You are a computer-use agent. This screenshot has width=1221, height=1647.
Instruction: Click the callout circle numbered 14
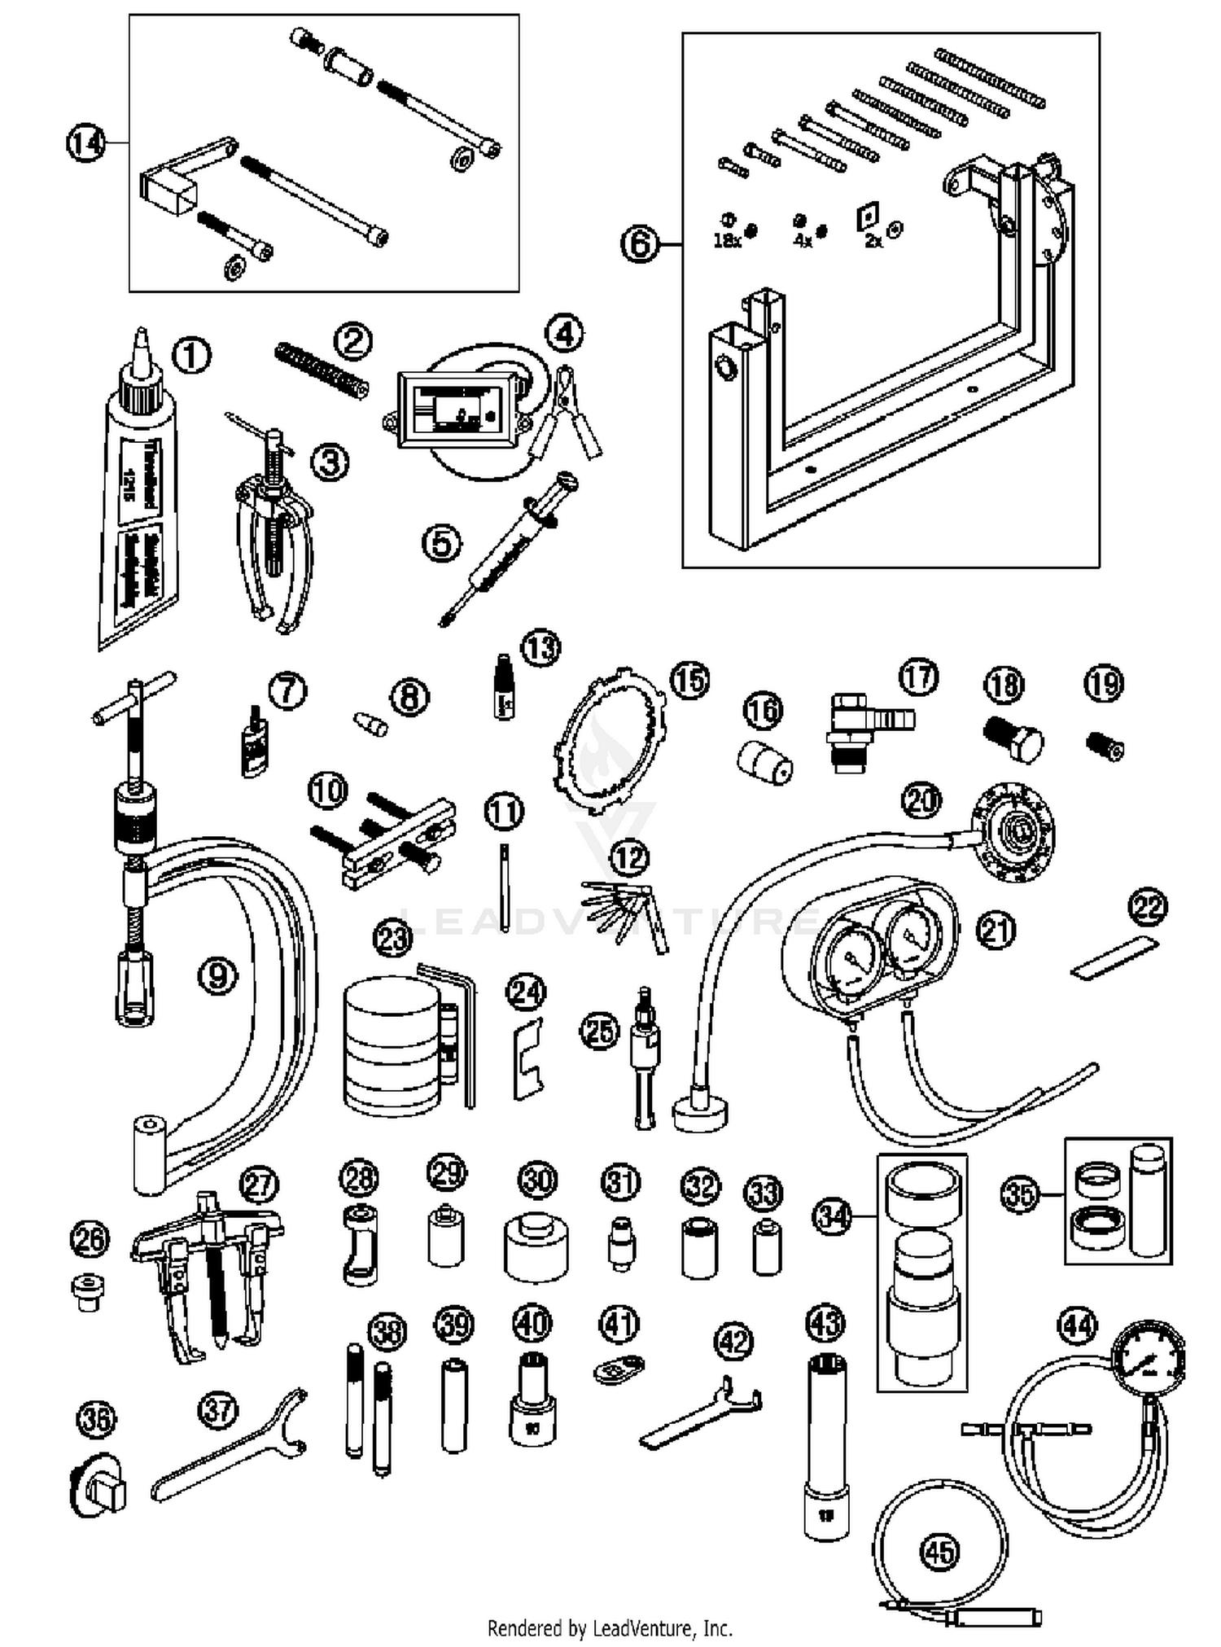[85, 143]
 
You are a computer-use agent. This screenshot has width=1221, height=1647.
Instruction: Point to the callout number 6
[639, 243]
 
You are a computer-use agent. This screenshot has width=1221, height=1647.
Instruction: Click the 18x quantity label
[726, 242]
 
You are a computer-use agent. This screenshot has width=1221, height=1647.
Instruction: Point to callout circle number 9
[217, 975]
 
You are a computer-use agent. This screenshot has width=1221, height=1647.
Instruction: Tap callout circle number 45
[939, 1552]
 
